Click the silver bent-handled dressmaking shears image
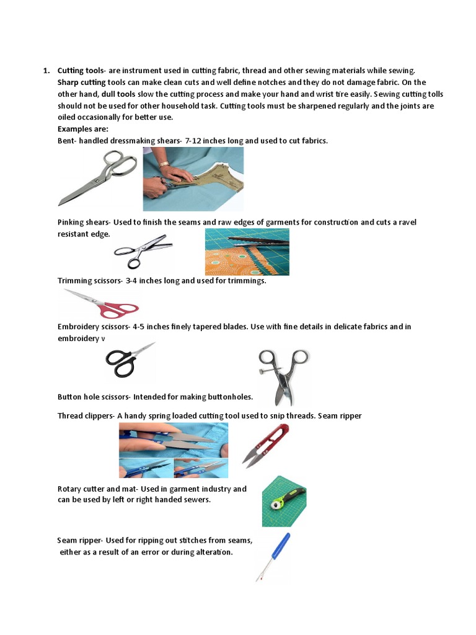pyautogui.click(x=98, y=179)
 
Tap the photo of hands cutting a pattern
pyautogui.click(x=193, y=179)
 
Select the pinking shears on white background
pyautogui.click(x=140, y=251)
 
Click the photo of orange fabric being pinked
pyautogui.click(x=247, y=252)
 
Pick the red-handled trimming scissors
pyautogui.click(x=102, y=303)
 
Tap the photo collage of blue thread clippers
pyautogui.click(x=173, y=450)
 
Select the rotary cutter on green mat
pyautogui.click(x=284, y=501)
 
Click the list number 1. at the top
pyautogui.click(x=47, y=71)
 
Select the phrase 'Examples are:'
pyautogui.click(x=83, y=129)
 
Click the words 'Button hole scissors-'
pyautogui.click(x=94, y=397)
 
